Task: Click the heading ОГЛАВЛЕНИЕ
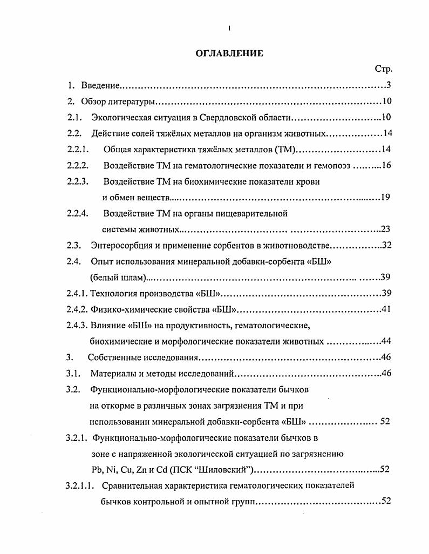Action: tap(229, 53)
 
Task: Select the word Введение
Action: tap(100, 85)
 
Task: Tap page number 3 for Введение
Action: tap(389, 85)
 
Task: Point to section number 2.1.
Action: tap(74, 118)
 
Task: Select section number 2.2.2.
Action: tap(78, 166)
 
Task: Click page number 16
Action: tap(385, 166)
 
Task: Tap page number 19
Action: tap(385, 197)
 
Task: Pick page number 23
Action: tap(385, 229)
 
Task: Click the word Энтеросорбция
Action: tap(121, 245)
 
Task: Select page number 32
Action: tap(386, 245)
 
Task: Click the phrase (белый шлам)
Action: tap(118, 278)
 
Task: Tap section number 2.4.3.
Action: tap(78, 325)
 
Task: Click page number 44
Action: tap(386, 341)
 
